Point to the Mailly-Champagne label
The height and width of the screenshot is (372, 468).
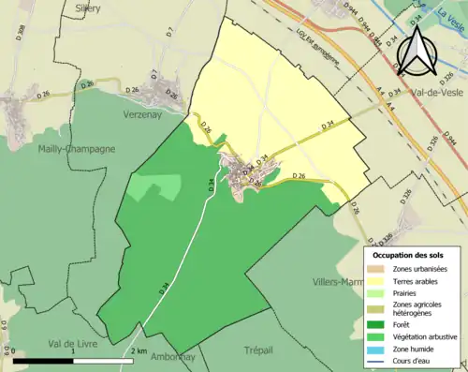tap(77, 148)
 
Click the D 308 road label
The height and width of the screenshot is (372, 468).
tap(20, 34)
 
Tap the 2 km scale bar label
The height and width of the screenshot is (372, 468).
tap(138, 350)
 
